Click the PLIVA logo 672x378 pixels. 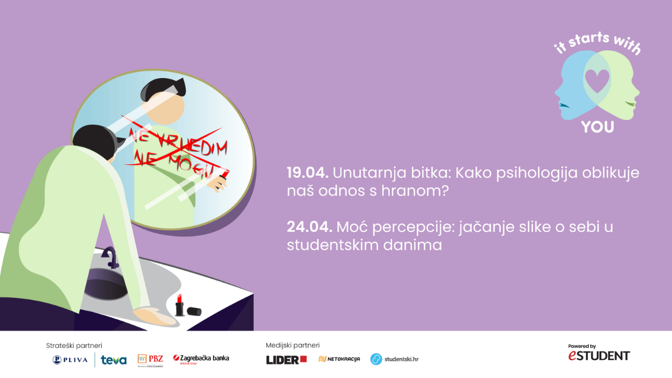click(x=70, y=360)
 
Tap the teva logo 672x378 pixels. click(x=114, y=360)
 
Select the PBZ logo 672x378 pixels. click(x=150, y=360)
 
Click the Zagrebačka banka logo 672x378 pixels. click(x=201, y=359)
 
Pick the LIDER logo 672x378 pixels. click(x=287, y=360)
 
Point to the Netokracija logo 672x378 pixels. click(x=339, y=359)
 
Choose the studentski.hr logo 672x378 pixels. click(x=394, y=359)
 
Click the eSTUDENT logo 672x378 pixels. click(x=599, y=353)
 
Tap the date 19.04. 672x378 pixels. click(x=308, y=173)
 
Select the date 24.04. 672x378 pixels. click(x=310, y=227)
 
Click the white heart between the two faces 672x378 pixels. click(x=598, y=81)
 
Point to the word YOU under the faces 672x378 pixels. click(x=598, y=127)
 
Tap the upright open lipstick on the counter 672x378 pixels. click(x=179, y=305)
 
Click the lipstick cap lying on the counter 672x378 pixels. click(x=194, y=311)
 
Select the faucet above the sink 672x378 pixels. click(x=111, y=258)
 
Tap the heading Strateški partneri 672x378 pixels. click(x=74, y=346)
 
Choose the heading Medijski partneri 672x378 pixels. click(x=292, y=346)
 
